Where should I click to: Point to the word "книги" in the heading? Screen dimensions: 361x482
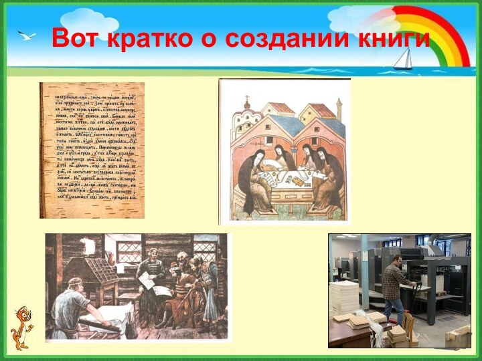tap(397, 39)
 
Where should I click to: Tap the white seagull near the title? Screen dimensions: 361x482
tap(27, 35)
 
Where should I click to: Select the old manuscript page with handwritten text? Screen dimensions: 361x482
tap(92, 150)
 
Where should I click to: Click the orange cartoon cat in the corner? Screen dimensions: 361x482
tap(22, 328)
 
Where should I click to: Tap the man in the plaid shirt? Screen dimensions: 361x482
tap(394, 285)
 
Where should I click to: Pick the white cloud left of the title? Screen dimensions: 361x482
tap(87, 17)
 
